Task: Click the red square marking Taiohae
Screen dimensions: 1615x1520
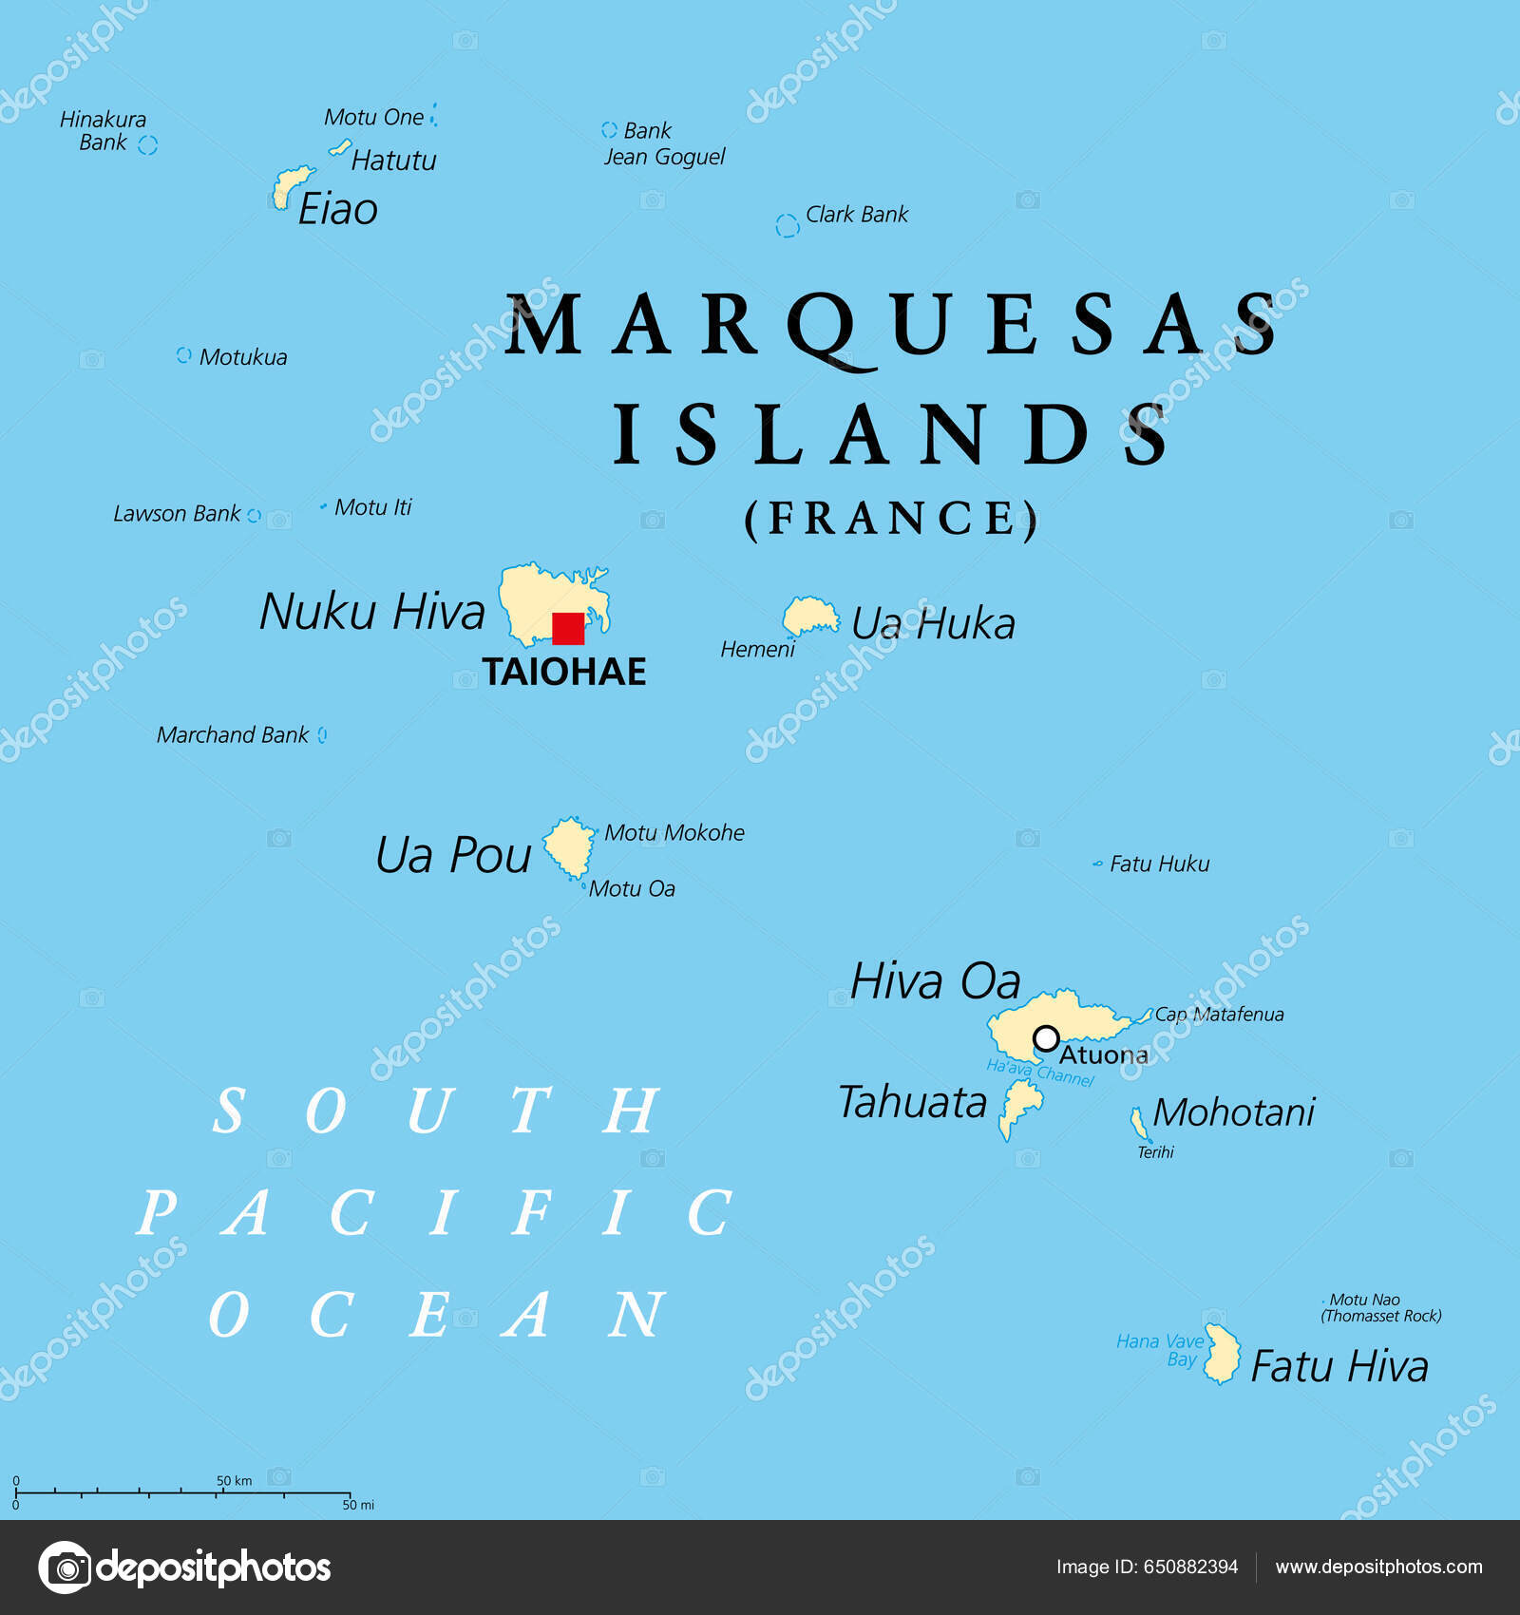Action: (568, 629)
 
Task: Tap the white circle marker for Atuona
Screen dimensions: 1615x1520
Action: (1046, 1038)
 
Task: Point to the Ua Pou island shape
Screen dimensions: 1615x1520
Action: (569, 846)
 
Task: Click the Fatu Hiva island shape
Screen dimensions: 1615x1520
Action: (1223, 1355)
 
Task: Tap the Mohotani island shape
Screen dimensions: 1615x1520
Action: (1138, 1123)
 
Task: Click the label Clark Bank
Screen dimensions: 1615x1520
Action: (856, 215)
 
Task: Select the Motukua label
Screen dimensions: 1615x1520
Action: (242, 357)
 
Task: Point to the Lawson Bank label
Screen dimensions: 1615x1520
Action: (177, 514)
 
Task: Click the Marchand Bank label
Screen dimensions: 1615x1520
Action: (233, 735)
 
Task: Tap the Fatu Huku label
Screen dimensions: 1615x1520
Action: (1159, 864)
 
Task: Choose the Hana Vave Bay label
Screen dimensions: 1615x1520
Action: (1160, 1350)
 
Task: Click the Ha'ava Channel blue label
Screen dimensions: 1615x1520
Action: (1039, 1073)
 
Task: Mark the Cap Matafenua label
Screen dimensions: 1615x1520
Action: (1219, 1015)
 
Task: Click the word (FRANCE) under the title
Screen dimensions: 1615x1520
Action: (890, 519)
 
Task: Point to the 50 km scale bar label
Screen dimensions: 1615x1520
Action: (234, 1480)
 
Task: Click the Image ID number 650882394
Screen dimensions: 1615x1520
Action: (1190, 1567)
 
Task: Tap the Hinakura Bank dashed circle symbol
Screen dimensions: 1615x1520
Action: (147, 144)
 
